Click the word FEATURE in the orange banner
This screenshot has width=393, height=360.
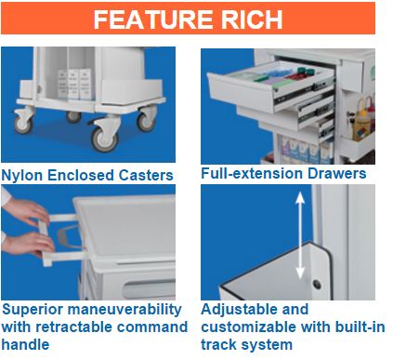point(153,20)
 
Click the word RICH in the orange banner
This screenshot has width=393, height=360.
point(252,20)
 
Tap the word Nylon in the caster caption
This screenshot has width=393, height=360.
point(21,176)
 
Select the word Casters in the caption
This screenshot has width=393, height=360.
point(146,175)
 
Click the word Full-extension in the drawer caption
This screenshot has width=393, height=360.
point(252,173)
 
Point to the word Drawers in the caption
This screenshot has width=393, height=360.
point(337,173)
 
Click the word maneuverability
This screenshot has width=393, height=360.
point(124,310)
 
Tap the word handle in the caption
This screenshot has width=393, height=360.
point(25,344)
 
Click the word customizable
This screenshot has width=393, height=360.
point(249,327)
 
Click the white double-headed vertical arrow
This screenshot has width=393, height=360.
point(300,235)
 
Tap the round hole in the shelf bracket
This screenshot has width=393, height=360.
point(317,284)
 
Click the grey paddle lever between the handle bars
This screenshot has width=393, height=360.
point(67,237)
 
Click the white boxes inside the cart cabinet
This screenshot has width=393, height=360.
point(74,84)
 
